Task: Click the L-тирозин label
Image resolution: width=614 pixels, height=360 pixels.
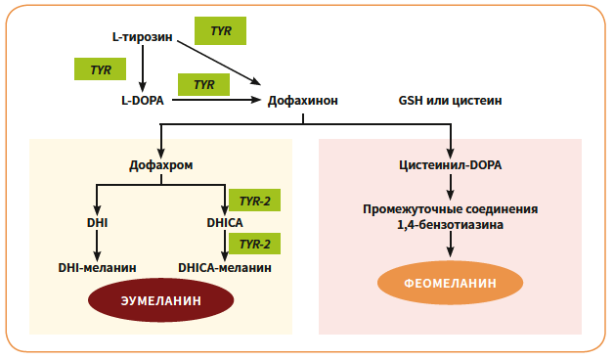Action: [143, 37]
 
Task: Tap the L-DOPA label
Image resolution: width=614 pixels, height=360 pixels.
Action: [142, 100]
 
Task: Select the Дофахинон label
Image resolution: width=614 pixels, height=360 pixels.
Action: [303, 100]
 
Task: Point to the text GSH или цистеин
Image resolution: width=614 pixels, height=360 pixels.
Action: [451, 100]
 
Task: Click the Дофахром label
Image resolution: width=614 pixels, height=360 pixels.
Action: [161, 164]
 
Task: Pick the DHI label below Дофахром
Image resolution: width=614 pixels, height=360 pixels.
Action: [97, 223]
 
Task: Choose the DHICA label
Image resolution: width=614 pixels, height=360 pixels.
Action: [225, 223]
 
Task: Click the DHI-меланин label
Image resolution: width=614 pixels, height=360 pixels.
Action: [97, 266]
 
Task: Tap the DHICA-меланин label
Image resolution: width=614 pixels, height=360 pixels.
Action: [225, 266]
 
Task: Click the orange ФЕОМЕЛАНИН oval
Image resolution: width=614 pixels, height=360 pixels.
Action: [451, 283]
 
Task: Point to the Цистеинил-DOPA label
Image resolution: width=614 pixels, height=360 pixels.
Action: [451, 164]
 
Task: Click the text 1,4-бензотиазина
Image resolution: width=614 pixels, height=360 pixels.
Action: [451, 225]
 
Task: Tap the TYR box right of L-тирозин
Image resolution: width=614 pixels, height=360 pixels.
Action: [220, 30]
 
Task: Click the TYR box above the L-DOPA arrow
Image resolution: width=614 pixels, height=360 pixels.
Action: [203, 84]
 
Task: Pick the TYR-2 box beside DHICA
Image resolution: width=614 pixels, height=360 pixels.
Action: [255, 202]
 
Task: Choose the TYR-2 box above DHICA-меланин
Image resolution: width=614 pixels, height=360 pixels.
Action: [255, 244]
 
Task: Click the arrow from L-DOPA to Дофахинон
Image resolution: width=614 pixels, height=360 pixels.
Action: [215, 100]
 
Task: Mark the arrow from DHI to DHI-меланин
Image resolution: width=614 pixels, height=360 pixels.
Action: [97, 245]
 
